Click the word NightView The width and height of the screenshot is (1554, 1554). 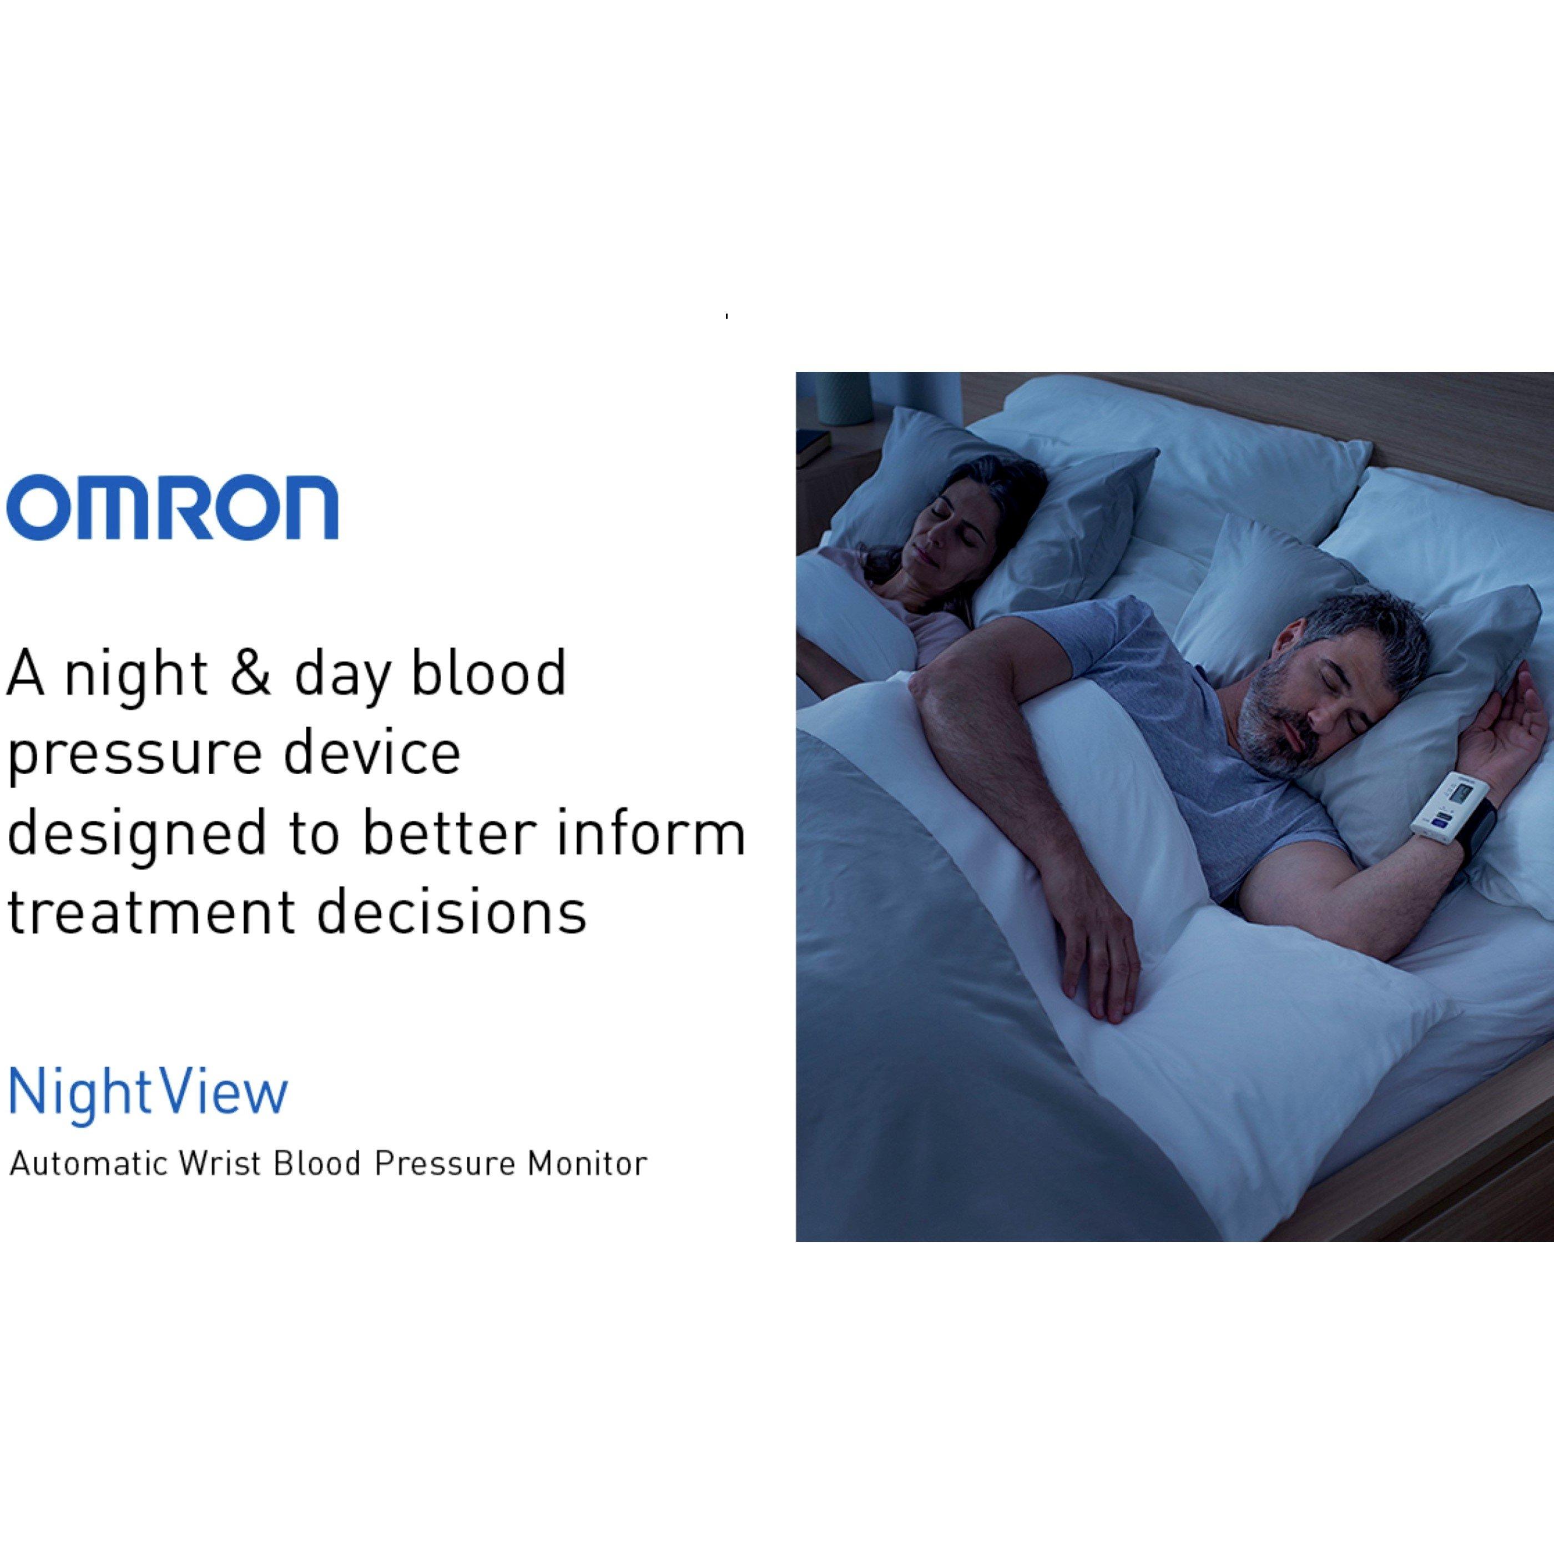click(x=147, y=1092)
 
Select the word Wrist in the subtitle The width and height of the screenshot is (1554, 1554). click(x=222, y=1164)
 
